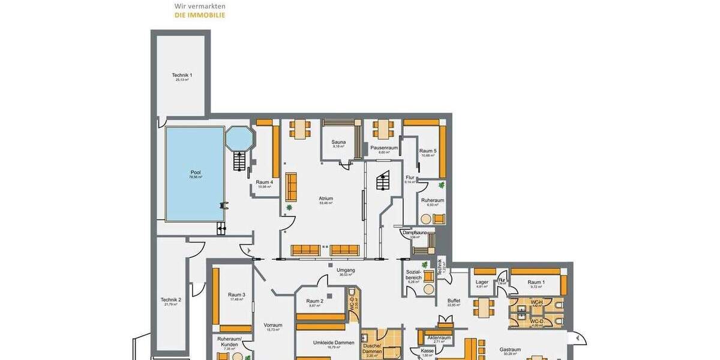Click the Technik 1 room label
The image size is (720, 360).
182,75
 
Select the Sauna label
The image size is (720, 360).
338,142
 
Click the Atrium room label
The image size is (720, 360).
326,199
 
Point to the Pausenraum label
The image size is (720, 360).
384,148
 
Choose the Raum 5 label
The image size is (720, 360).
427,151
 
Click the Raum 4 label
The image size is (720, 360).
264,182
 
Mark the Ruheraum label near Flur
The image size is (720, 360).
432,200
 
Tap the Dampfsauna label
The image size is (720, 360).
414,232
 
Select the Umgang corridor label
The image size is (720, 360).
346,270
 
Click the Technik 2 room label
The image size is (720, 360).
170,300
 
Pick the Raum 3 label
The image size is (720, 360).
236,295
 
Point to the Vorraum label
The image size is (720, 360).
273,325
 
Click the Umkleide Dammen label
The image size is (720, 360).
330,343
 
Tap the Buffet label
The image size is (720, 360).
454,301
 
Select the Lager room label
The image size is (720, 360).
482,281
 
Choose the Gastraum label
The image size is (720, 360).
510,349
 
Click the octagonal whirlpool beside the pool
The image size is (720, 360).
239,139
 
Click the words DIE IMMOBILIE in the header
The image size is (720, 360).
200,15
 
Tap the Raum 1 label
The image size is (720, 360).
536,282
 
